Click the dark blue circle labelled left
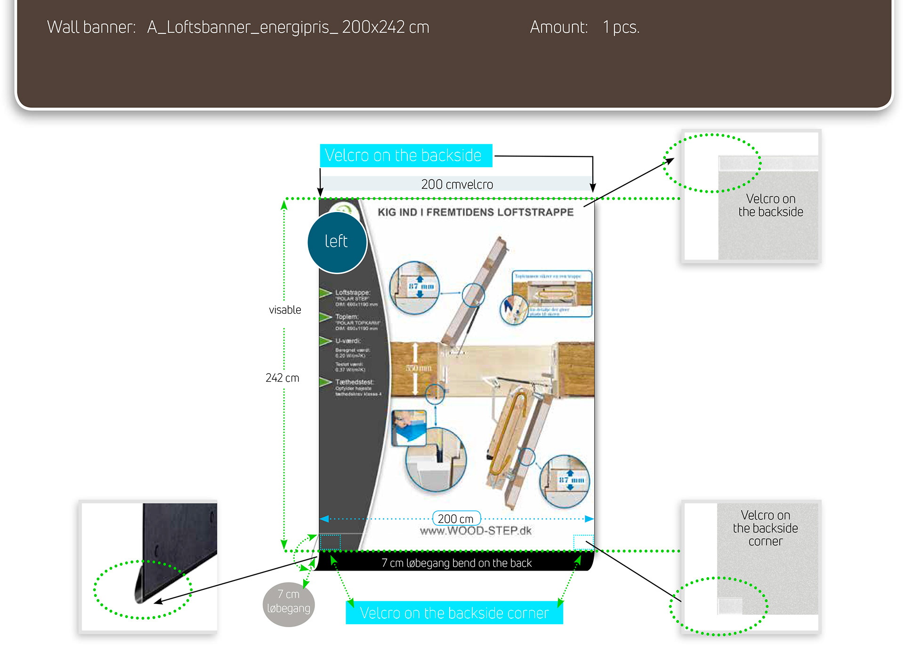(337, 242)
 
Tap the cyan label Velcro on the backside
(405, 155)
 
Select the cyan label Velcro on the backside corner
(454, 613)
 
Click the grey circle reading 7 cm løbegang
(289, 602)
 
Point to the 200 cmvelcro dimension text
(457, 184)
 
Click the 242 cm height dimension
(282, 378)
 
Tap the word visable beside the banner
(285, 310)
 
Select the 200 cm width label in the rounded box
(456, 519)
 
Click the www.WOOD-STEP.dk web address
(476, 531)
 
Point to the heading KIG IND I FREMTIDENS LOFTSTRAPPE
(476, 212)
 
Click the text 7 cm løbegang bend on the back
(456, 563)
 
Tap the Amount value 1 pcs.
(621, 27)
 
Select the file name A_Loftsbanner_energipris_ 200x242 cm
(288, 27)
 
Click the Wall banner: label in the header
(91, 27)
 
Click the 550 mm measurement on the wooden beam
(419, 368)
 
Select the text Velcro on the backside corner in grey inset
(765, 528)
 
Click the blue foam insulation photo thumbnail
(409, 427)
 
